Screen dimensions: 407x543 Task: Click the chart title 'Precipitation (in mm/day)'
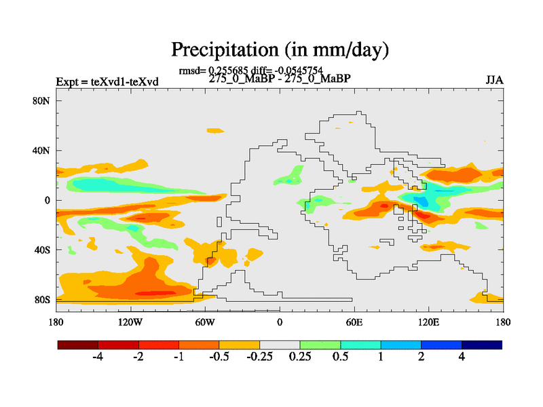[279, 50]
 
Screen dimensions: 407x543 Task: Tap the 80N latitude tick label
[43, 100]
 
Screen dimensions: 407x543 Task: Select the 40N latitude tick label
[43, 150]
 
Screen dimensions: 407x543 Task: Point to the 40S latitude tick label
[43, 250]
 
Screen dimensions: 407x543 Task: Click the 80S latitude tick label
[43, 299]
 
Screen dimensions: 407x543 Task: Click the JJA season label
[494, 80]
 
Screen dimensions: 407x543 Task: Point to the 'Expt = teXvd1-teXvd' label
[107, 82]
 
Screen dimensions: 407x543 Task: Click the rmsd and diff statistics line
[250, 70]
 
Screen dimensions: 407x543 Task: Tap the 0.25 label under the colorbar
[300, 357]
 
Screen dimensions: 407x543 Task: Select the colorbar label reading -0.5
[219, 357]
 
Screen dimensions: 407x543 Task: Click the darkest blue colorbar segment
[482, 345]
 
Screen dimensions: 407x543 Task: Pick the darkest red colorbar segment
[78, 345]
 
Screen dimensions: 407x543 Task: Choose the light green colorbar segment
[320, 345]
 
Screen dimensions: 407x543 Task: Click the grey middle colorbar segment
[280, 345]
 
